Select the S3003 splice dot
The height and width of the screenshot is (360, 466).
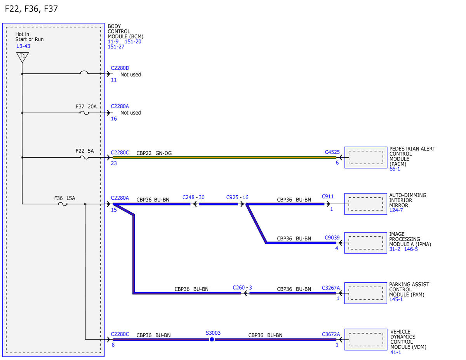(212, 339)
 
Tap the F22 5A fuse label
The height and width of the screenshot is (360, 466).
(85, 151)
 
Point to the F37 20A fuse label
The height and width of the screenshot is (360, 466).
(86, 106)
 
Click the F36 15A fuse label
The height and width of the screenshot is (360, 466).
(64, 198)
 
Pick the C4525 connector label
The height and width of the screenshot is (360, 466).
(332, 152)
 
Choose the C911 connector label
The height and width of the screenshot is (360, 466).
(328, 197)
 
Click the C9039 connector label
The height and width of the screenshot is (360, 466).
(332, 238)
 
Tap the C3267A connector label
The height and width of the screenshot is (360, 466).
(331, 288)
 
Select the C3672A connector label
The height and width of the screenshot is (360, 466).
(331, 334)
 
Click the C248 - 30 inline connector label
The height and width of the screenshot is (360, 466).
(193, 197)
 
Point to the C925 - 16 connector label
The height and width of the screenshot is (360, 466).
(237, 197)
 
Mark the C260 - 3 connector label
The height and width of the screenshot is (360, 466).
(242, 287)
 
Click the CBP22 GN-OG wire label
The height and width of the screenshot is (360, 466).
(154, 153)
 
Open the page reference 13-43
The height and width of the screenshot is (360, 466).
(23, 46)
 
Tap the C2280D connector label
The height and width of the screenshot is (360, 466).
(120, 68)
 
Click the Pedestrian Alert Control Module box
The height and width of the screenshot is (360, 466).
(366, 157)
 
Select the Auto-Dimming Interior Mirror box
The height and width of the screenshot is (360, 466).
(366, 204)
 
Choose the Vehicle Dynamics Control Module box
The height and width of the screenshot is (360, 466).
(366, 340)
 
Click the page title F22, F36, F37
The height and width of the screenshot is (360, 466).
(31, 9)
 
